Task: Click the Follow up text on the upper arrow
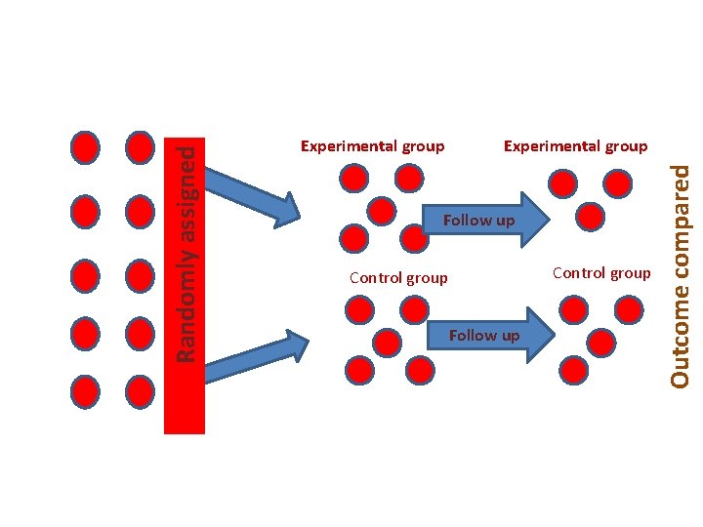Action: tap(478, 221)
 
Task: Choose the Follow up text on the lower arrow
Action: tap(484, 336)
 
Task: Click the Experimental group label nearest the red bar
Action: tap(372, 146)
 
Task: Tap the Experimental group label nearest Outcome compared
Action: tap(575, 146)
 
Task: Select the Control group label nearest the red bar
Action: tap(398, 278)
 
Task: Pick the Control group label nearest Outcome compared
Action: tap(601, 273)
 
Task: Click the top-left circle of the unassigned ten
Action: tap(86, 147)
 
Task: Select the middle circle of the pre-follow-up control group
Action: tap(388, 343)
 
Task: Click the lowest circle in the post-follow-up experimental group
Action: tap(589, 216)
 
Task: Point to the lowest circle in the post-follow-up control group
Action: tap(574, 369)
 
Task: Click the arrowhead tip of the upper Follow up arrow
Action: tap(552, 219)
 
